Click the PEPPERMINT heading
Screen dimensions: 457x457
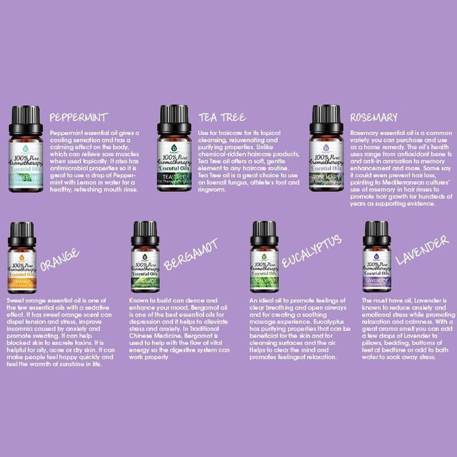coord(78,118)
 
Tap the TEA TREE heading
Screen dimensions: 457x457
coord(222,118)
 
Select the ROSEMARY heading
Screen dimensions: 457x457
coord(373,118)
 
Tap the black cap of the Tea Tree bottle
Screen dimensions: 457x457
coord(173,118)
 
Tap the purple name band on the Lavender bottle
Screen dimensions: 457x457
coord(376,281)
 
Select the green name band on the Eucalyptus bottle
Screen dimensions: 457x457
coord(264,281)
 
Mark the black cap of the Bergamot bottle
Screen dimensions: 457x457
coord(145,234)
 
